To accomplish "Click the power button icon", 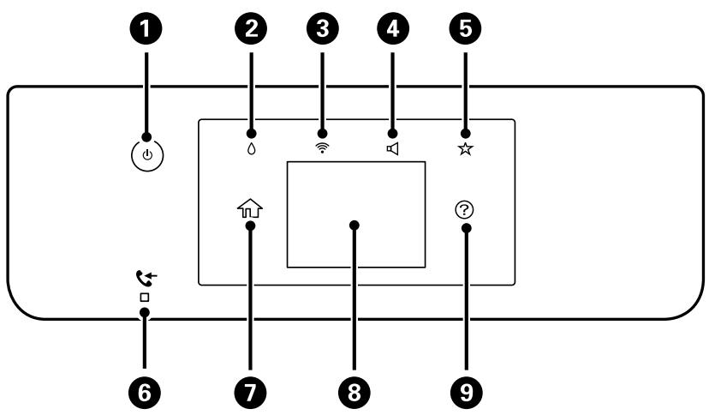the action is (147, 156).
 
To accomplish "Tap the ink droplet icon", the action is (252, 149).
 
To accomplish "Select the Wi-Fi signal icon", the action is (323, 148).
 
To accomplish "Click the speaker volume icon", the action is (392, 148).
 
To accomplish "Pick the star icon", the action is (465, 149).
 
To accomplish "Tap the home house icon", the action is (249, 208).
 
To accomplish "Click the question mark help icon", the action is (465, 210).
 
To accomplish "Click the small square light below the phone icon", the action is (145, 298).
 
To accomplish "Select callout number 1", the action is (146, 28).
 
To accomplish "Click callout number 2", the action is (251, 28).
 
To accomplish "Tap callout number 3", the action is (323, 28).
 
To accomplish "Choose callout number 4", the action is (392, 28).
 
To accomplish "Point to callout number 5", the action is (465, 28).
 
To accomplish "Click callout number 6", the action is (145, 392).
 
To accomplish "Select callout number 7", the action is (251, 392).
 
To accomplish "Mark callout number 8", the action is (354, 392).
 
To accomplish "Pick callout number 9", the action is (466, 392).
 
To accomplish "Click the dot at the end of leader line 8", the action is (354, 225).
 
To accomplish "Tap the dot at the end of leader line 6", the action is (145, 313).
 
